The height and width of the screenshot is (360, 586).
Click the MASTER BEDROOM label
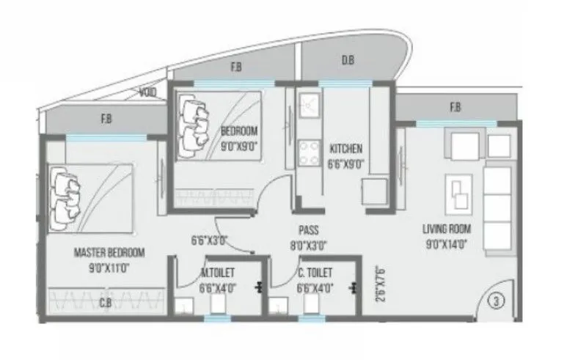(109, 253)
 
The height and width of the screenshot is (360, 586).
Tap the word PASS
(308, 229)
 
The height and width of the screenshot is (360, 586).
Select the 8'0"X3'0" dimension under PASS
(308, 246)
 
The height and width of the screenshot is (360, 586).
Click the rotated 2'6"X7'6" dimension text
(378, 283)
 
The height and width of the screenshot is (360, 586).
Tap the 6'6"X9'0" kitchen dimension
(345, 164)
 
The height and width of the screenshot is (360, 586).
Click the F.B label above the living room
(455, 109)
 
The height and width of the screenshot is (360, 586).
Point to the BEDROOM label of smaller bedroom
(240, 131)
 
